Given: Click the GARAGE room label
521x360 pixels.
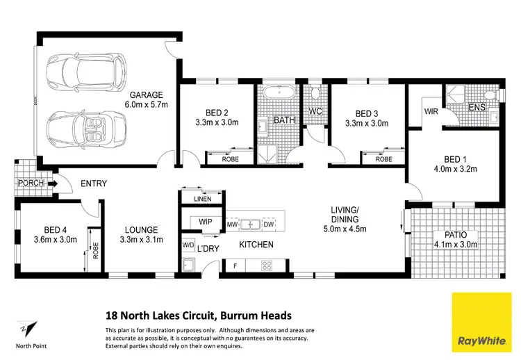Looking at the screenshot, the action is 146,95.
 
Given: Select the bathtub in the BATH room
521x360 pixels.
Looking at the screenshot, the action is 279,92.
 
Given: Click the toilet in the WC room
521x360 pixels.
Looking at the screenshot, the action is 315,92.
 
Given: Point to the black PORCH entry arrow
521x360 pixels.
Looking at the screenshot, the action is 53,183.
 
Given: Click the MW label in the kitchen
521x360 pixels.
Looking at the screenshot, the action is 232,224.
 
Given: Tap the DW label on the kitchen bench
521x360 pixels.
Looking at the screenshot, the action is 268,224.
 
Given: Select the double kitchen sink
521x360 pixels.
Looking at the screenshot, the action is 251,224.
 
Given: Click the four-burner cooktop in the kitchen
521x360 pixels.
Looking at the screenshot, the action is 267,265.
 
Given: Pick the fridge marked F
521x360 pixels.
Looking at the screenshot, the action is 235,266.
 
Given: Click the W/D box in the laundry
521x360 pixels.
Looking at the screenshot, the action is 188,245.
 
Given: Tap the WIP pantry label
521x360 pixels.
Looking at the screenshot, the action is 206,222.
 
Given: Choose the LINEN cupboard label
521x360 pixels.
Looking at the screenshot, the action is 203,199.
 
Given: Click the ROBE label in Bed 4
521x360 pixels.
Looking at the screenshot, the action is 96,251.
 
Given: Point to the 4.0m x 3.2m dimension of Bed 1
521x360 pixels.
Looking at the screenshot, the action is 455,169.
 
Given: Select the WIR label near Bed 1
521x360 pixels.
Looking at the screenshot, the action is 431,112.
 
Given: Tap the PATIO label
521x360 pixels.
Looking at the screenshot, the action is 456,235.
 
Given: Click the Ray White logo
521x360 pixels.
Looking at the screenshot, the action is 482,322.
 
